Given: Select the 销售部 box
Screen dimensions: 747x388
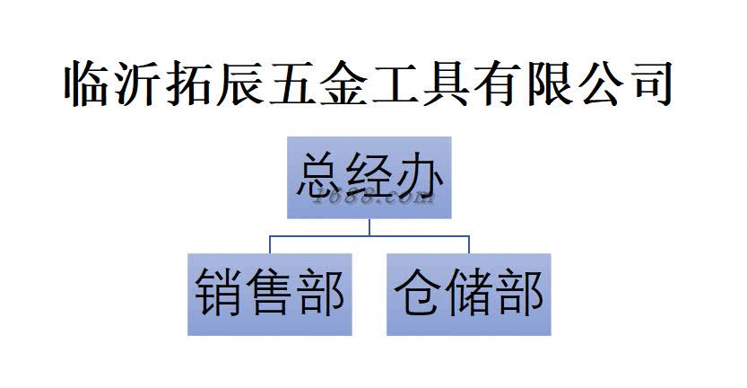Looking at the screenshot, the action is [270, 294].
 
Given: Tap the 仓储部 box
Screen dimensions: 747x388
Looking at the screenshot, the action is [469, 294].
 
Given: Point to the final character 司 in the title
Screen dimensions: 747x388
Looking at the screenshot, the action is [652, 86].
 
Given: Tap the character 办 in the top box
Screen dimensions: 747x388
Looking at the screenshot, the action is [420, 176].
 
